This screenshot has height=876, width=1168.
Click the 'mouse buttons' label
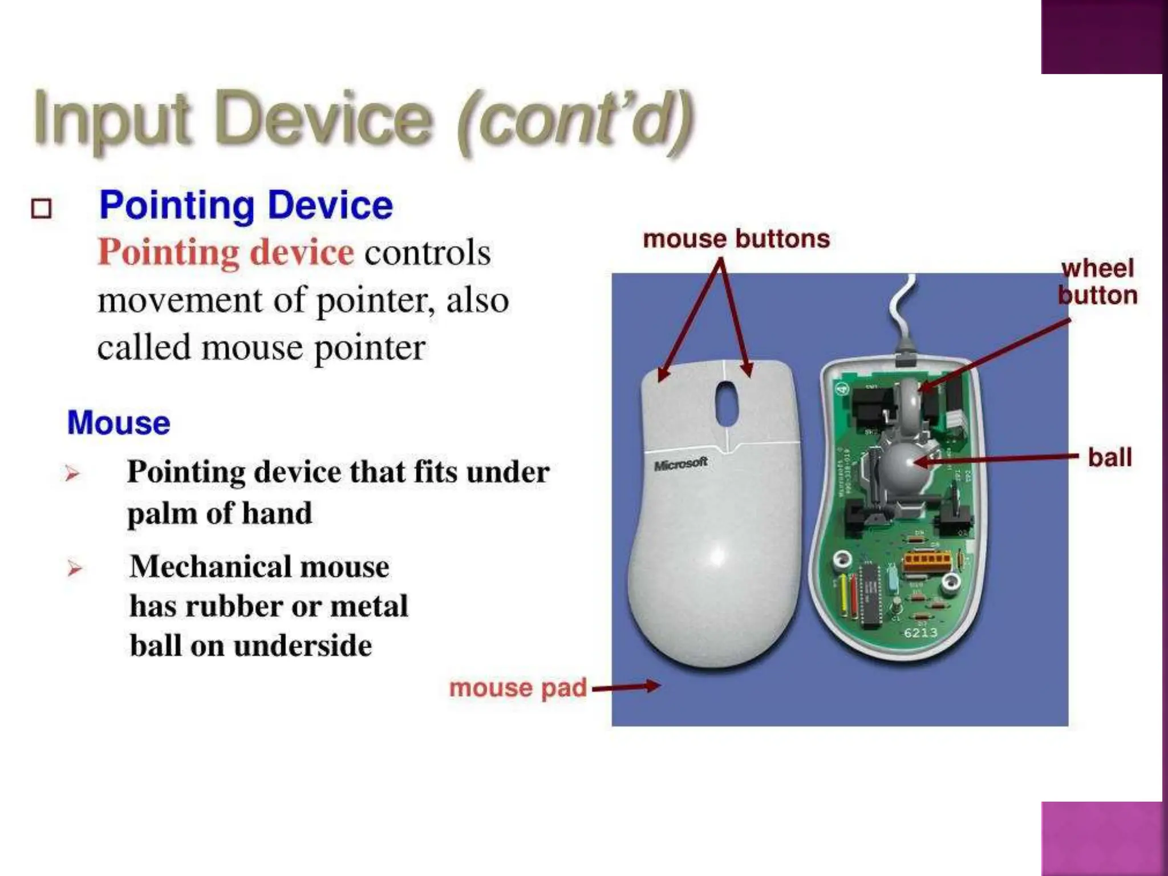[736, 239]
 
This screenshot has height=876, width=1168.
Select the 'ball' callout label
[1109, 457]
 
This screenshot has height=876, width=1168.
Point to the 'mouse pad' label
[518, 688]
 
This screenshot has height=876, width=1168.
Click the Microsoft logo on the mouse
[681, 464]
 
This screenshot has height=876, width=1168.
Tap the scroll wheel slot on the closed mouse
[727, 404]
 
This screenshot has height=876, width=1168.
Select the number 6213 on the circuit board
[920, 632]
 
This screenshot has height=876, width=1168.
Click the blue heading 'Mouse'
[119, 423]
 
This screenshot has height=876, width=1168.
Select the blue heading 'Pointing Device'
[246, 205]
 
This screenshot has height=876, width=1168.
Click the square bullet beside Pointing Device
[41, 209]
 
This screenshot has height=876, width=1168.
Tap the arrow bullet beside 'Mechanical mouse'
[74, 568]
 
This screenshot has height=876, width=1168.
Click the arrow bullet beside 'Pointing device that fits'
[72, 473]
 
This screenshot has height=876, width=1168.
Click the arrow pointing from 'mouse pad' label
[626, 687]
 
